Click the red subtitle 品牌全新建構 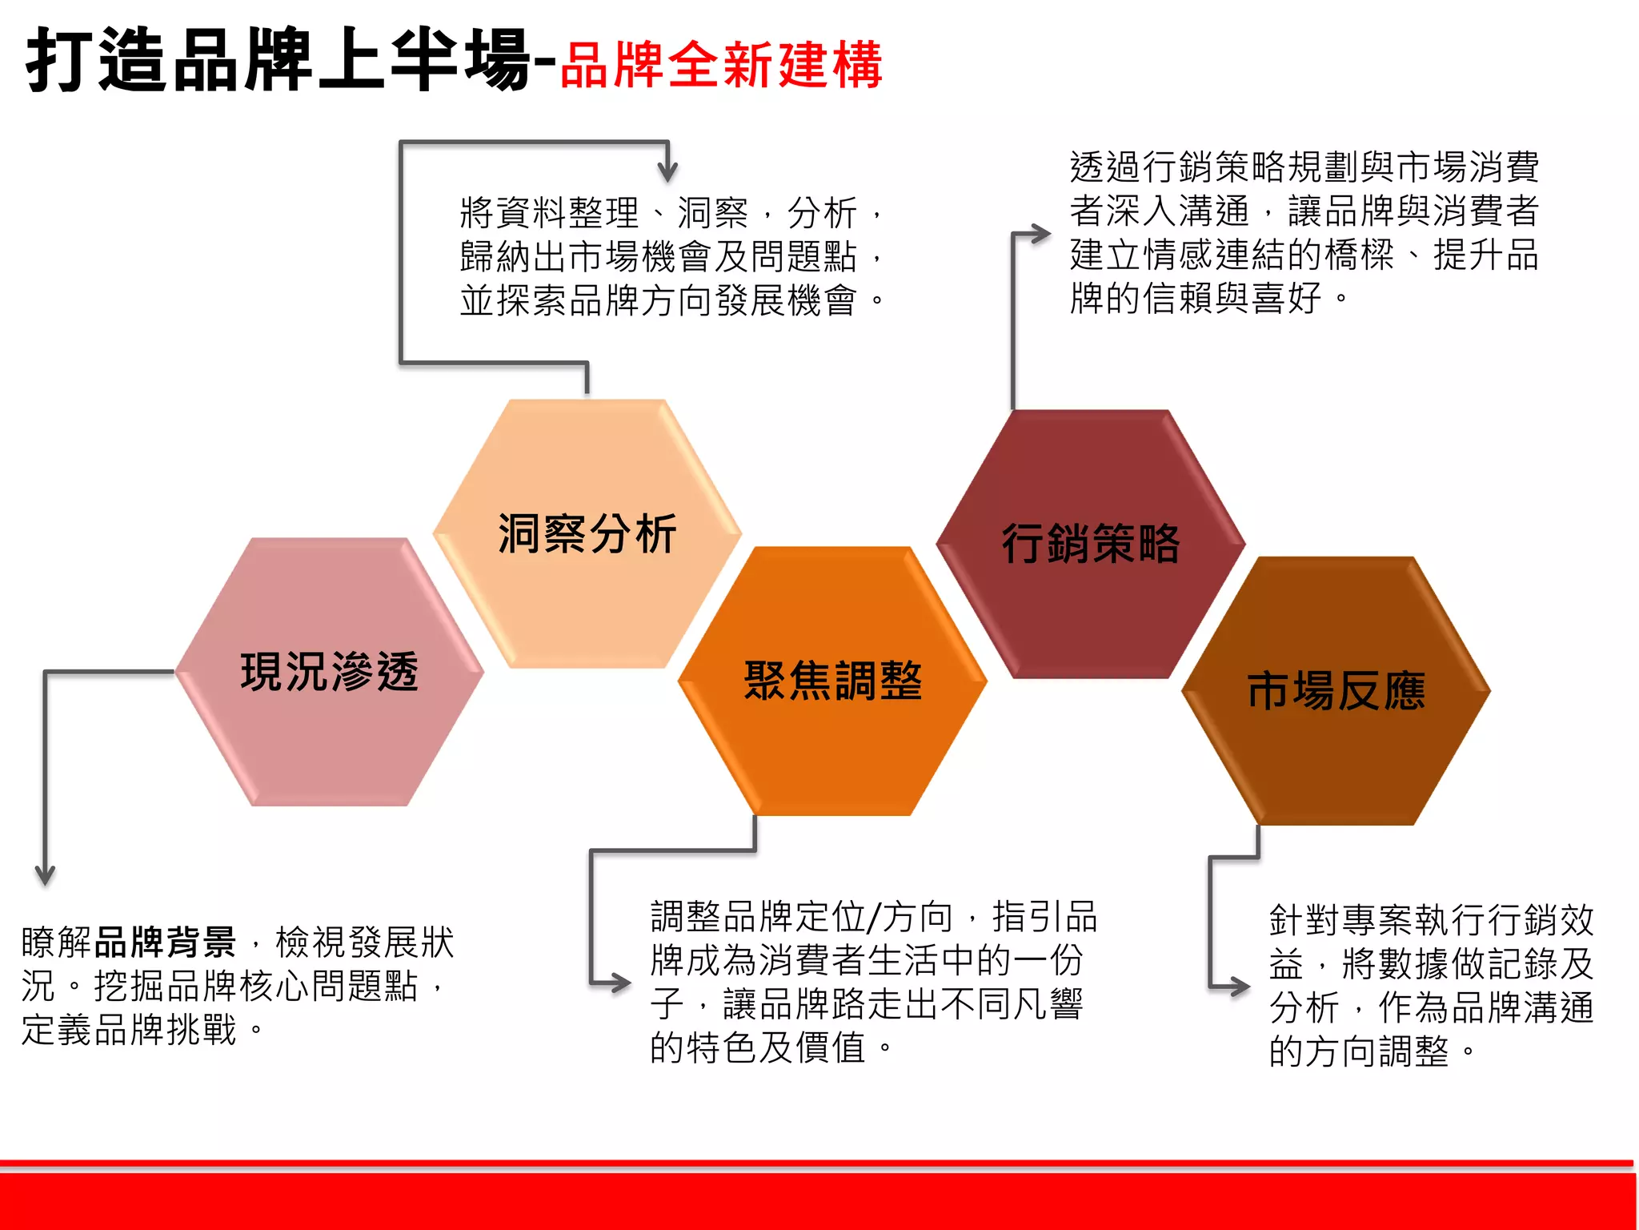(721, 66)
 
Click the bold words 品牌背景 (165, 942)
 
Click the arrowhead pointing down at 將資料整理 (667, 171)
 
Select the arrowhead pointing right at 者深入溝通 (1040, 234)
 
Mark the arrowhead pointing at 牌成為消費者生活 (621, 983)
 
